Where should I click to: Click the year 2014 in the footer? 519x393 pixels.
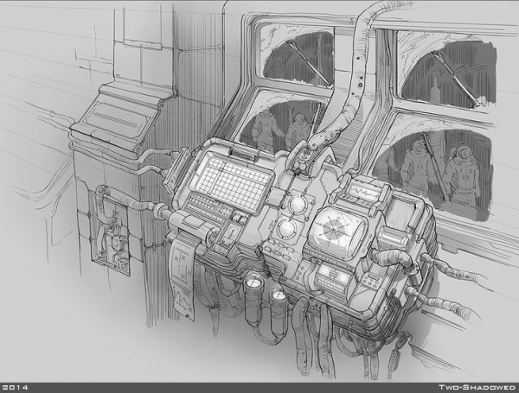[x=15, y=387]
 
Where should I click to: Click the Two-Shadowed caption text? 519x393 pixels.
[x=477, y=387]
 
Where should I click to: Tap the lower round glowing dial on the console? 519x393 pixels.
[x=286, y=228]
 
